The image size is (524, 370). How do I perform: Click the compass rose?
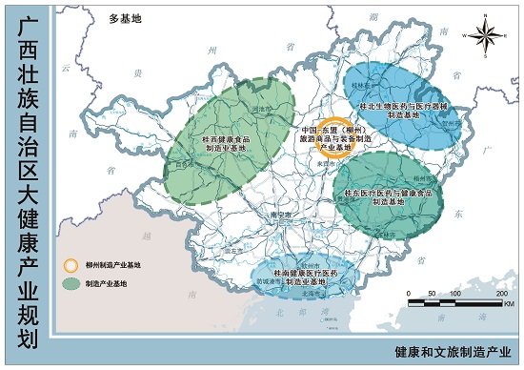coord(486,37)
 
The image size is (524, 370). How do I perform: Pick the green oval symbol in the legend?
coord(70,283)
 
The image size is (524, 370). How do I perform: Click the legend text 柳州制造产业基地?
coord(105,265)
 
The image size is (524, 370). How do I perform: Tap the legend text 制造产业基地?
coord(99,283)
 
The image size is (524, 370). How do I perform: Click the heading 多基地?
coord(124,18)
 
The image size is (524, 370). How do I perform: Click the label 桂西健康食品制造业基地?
coord(225,143)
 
